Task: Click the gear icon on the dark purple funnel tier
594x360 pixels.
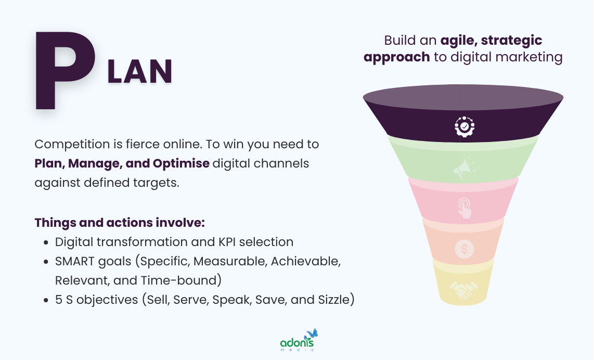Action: point(464,126)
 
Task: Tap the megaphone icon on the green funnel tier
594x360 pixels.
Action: point(464,168)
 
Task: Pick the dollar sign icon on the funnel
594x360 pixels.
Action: point(464,249)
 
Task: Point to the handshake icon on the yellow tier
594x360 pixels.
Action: point(464,291)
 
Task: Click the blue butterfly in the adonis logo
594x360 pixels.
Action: point(312,333)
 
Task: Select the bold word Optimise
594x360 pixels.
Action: point(181,163)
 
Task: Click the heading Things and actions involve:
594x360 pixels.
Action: point(120,223)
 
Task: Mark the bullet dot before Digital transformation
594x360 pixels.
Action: point(46,242)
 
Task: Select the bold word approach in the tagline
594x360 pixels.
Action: point(397,57)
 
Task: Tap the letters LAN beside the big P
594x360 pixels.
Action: point(139,72)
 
